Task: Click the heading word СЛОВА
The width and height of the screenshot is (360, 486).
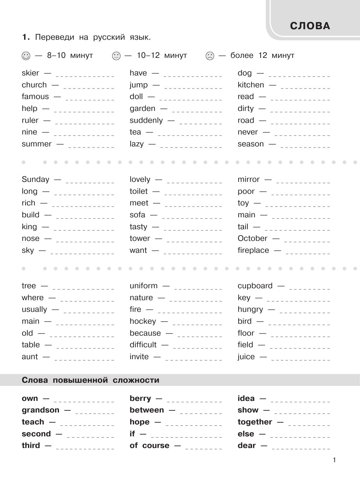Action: [310, 26]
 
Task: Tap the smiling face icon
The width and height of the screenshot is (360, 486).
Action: [26, 56]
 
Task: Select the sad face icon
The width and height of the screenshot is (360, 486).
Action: [210, 56]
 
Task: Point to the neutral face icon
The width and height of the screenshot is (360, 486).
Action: [116, 56]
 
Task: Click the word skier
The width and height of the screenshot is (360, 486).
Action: [30, 73]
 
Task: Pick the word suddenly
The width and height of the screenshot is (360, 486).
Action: [146, 121]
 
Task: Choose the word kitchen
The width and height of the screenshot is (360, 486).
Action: [251, 85]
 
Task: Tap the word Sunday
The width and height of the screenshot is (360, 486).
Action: [35, 180]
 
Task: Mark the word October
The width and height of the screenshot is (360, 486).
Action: [253, 239]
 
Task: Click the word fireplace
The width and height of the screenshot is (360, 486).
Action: [253, 251]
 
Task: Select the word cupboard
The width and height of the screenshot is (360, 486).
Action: [255, 286]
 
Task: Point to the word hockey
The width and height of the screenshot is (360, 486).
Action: [143, 321]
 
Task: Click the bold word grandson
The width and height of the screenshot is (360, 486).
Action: [41, 410]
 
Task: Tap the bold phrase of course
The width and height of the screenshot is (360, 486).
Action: [149, 446]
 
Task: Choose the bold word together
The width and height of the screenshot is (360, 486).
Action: [255, 422]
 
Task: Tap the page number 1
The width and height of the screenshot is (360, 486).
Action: [334, 460]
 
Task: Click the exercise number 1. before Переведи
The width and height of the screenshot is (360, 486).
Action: [26, 37]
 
